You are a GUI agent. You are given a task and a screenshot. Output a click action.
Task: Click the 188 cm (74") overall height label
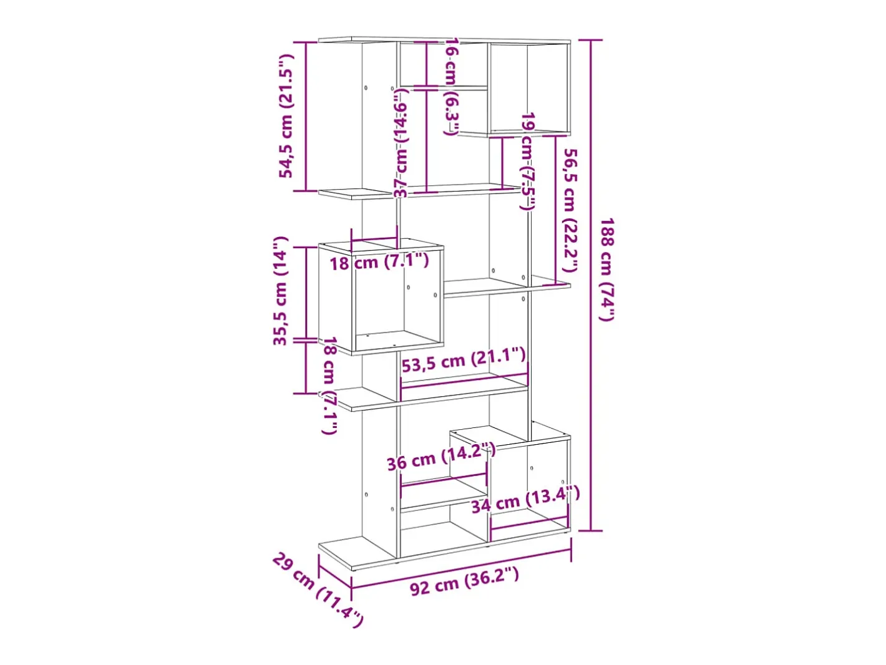pyautogui.click(x=606, y=269)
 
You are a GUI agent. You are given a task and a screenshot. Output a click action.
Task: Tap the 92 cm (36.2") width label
pyautogui.click(x=464, y=581)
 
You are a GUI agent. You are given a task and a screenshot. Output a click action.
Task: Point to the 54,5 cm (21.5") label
pyautogui.click(x=286, y=116)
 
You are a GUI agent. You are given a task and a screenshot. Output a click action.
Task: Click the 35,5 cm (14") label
pyautogui.click(x=281, y=291)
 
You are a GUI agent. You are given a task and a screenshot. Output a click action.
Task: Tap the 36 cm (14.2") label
pyautogui.click(x=441, y=457)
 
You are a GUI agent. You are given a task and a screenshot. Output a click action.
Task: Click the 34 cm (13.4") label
pyautogui.click(x=525, y=499)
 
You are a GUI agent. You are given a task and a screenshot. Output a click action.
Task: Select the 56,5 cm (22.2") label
pyautogui.click(x=570, y=210)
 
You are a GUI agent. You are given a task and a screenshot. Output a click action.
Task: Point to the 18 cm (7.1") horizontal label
pyautogui.click(x=379, y=262)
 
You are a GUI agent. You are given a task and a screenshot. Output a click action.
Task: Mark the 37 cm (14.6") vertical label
pyautogui.click(x=401, y=144)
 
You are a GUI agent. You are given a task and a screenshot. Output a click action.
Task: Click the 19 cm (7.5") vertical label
pyautogui.click(x=528, y=162)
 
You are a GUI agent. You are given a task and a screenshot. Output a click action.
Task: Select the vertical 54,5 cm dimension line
pyautogui.click(x=306, y=116)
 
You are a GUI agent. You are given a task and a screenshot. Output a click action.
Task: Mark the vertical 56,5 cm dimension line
pyautogui.click(x=556, y=210)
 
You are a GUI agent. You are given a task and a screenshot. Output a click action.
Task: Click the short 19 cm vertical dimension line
pyautogui.click(x=502, y=162)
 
